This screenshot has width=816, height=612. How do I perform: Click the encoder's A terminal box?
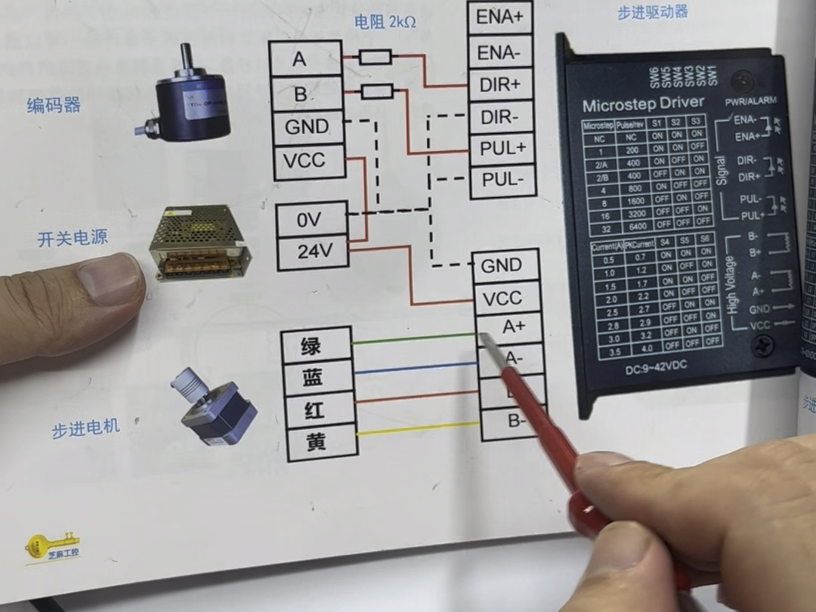(x=305, y=59)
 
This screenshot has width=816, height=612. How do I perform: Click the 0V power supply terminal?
(x=311, y=220)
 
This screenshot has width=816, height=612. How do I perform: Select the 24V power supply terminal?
(x=311, y=252)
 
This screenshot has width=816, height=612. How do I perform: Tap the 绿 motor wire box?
(x=315, y=346)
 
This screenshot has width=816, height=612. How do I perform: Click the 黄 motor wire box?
(x=315, y=442)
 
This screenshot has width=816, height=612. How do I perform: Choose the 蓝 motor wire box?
(x=315, y=378)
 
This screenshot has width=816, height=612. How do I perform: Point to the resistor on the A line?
(x=375, y=57)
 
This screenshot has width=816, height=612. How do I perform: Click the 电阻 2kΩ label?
(x=385, y=23)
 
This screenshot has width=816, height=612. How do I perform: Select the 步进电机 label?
(x=85, y=428)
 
